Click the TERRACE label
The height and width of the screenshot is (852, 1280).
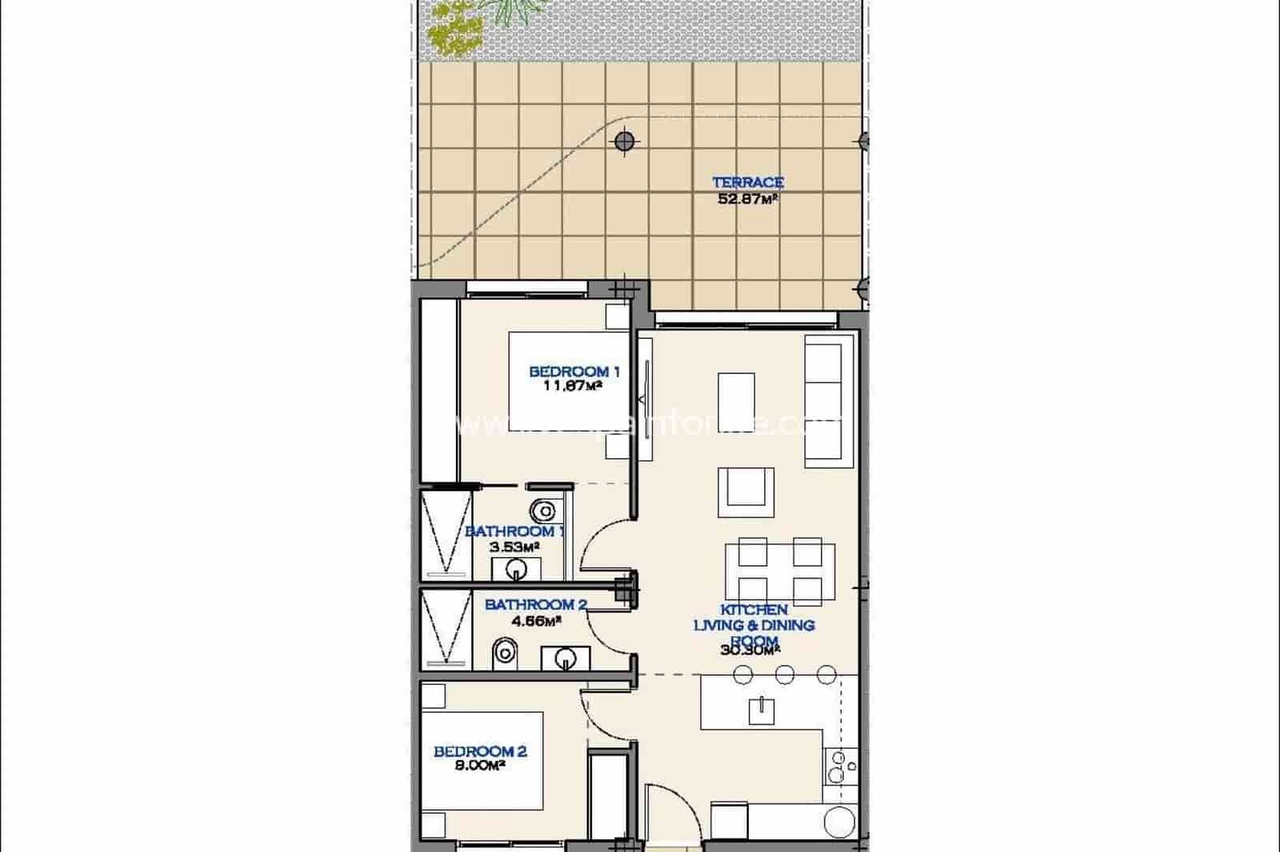point(747,182)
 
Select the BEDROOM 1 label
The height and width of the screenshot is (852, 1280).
point(574,372)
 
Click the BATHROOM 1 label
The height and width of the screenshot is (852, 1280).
point(514,532)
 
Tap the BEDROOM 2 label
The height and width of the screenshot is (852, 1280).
point(479,751)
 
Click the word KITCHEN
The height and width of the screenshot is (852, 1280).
point(754,610)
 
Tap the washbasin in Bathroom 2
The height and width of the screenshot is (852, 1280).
point(566,659)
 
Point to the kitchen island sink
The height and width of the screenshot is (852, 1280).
point(761,709)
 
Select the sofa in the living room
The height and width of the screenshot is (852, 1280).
point(824,400)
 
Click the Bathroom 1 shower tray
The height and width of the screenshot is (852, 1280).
point(445,534)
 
